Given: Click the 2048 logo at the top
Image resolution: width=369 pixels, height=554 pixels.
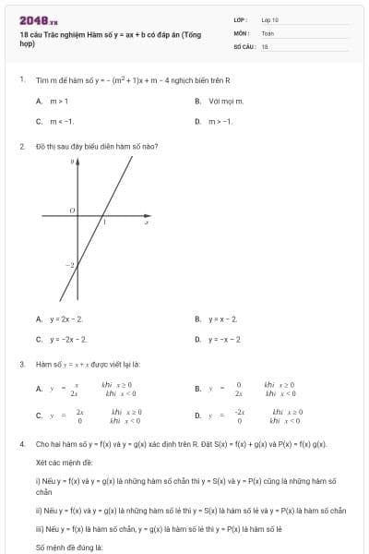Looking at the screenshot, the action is pos(38,19).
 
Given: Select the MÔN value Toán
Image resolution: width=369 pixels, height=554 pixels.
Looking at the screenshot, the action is pos(268,32).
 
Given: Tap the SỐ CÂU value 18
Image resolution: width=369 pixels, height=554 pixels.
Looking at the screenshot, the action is pos(265,45).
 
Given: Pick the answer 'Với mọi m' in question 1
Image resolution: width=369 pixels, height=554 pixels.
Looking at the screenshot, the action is pos(220,101).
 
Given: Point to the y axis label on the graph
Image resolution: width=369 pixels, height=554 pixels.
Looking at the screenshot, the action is pos(73,162).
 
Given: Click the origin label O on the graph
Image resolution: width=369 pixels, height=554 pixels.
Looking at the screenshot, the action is pos(71,211).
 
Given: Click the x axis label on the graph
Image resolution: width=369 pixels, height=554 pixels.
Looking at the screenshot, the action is pos(147,223).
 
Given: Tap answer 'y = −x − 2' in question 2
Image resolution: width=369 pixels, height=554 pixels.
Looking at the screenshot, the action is pos(224,339).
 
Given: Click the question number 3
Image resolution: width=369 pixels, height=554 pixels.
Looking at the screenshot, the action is pos(21,365).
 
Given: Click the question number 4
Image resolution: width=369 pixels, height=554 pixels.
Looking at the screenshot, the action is pos(21,444).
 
